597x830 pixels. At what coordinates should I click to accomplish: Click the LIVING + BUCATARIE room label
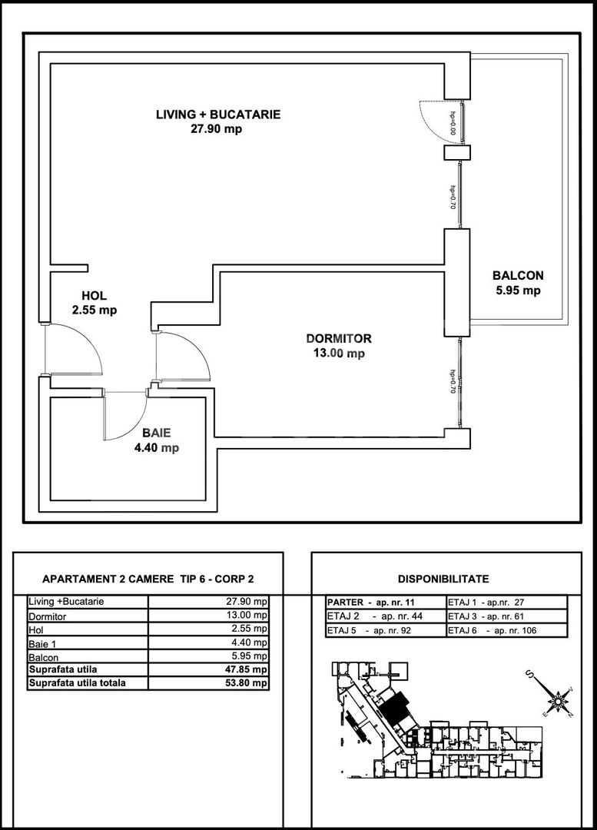[218, 115]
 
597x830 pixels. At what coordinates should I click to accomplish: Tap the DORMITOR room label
[338, 338]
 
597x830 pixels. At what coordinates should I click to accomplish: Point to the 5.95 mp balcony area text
[518, 290]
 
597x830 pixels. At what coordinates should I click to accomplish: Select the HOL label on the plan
[94, 296]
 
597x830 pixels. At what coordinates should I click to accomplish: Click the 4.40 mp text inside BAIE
[157, 448]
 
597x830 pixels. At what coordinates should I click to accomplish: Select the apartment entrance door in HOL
[73, 350]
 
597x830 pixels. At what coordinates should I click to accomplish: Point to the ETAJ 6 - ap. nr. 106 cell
[492, 631]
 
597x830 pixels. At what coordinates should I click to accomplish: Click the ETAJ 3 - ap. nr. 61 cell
[492, 616]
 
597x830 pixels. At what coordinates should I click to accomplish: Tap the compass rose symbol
[555, 699]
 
